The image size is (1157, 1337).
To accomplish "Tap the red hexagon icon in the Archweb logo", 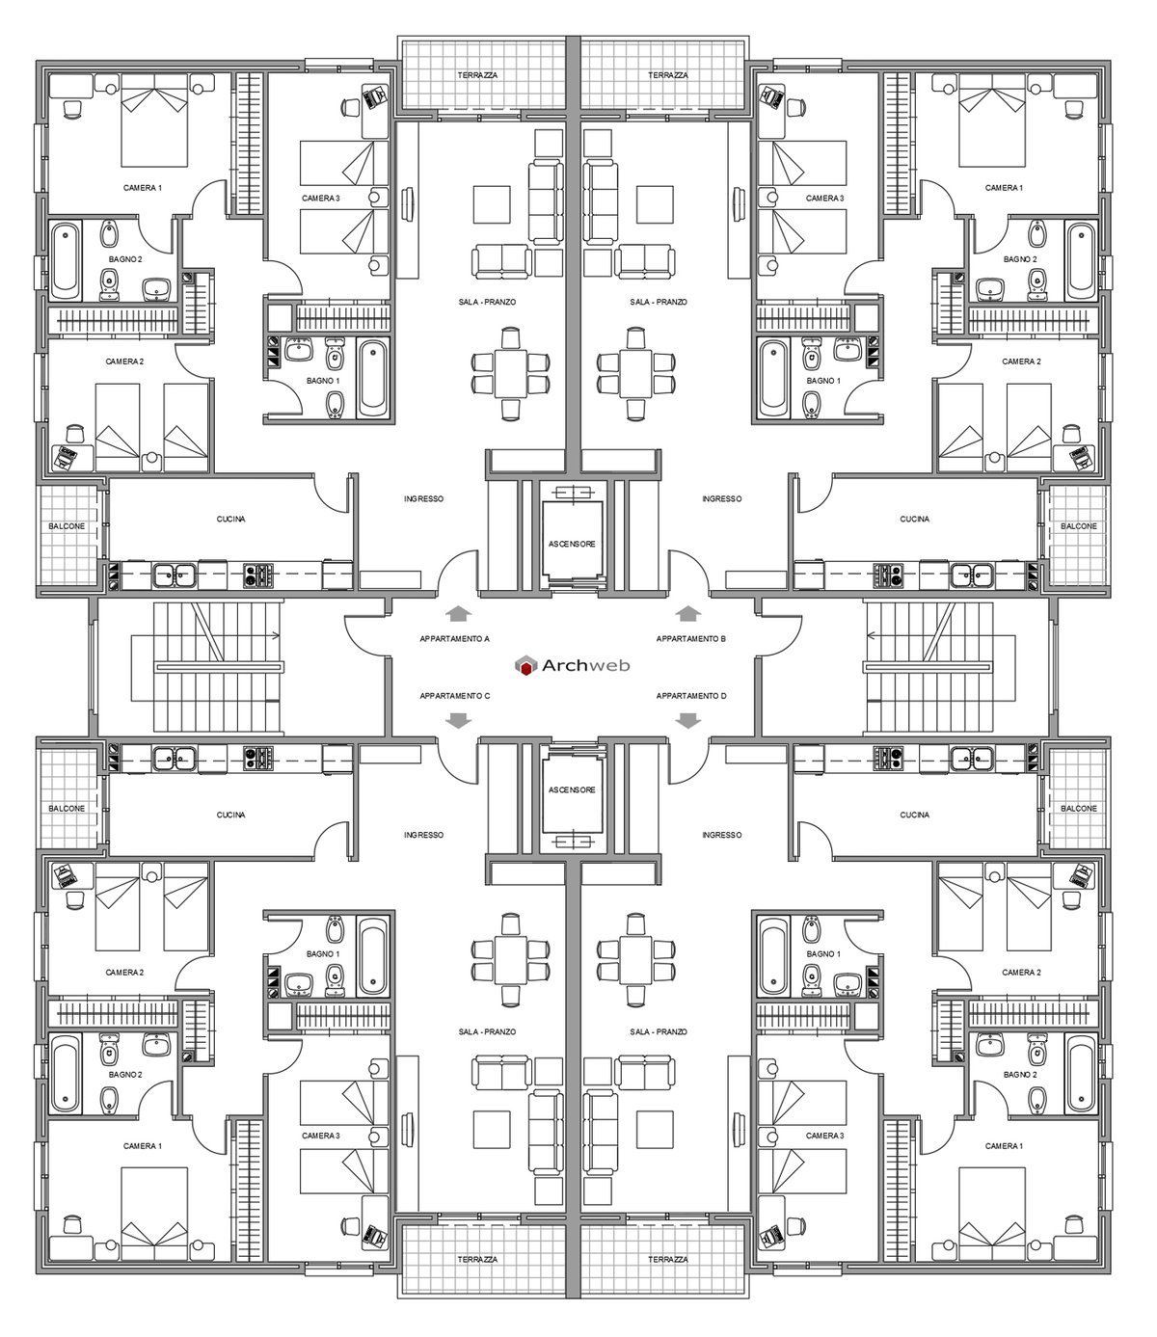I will [x=526, y=665].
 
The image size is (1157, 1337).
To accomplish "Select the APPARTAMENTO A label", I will [x=455, y=639].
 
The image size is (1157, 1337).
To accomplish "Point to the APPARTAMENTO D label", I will [x=690, y=695].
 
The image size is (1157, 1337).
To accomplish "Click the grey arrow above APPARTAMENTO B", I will [x=688, y=613].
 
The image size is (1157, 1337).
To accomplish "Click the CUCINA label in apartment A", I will [x=230, y=519].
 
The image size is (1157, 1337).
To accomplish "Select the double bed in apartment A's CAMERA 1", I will [x=154, y=124].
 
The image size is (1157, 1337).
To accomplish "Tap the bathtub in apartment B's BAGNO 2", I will [x=1081, y=258].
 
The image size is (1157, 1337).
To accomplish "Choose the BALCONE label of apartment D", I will [x=1078, y=809].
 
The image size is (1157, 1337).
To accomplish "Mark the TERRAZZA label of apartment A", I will [x=478, y=75].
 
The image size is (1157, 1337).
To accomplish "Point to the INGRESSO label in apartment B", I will [x=722, y=498].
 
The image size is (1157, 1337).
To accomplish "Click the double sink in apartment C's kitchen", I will [x=174, y=757].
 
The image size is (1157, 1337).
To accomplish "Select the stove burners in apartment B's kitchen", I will [x=886, y=576].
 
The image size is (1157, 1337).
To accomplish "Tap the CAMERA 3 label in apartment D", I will [x=823, y=1136].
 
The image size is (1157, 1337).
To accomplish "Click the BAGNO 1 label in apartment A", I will [x=323, y=381].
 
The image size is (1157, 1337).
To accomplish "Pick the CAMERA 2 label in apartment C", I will [x=124, y=973].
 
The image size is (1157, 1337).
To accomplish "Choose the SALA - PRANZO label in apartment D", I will [x=659, y=1031].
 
